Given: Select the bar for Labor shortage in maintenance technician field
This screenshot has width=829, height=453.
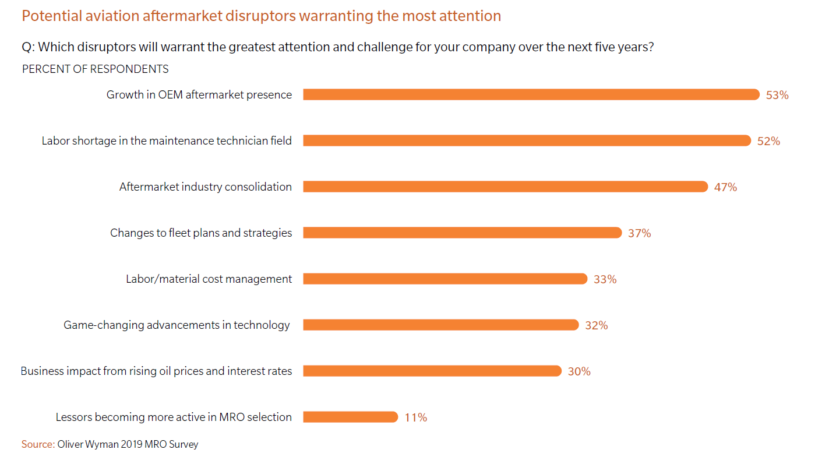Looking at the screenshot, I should [527, 141].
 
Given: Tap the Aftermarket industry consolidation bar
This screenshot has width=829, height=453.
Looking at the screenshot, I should [505, 187].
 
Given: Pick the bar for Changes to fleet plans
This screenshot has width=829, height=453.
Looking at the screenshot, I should [462, 233].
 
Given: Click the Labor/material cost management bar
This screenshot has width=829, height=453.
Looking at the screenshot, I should [445, 279].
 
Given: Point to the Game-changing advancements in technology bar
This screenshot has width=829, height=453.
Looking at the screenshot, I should [440, 325].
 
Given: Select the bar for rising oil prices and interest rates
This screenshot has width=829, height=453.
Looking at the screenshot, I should [432, 371].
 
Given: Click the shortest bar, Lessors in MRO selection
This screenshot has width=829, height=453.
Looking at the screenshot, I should [350, 417].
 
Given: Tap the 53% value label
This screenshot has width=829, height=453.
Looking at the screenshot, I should [777, 95].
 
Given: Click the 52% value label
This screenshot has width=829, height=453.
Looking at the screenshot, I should [768, 141].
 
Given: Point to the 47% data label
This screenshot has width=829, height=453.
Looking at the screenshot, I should [725, 187].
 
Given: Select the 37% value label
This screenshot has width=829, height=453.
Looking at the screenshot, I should [639, 233].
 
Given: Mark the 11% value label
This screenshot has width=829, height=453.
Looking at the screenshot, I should [416, 417].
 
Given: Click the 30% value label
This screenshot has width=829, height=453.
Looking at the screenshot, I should [579, 371].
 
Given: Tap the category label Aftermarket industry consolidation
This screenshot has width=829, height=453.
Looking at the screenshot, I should [206, 187].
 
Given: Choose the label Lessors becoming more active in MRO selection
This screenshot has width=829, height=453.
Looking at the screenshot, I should [174, 417].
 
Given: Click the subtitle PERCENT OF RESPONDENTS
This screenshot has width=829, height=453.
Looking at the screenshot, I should [96, 69].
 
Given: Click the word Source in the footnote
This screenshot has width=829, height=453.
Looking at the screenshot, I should [38, 444].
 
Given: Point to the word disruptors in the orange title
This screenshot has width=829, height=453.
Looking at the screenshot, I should [260, 16].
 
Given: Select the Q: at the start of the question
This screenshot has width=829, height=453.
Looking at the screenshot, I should [28, 47].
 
